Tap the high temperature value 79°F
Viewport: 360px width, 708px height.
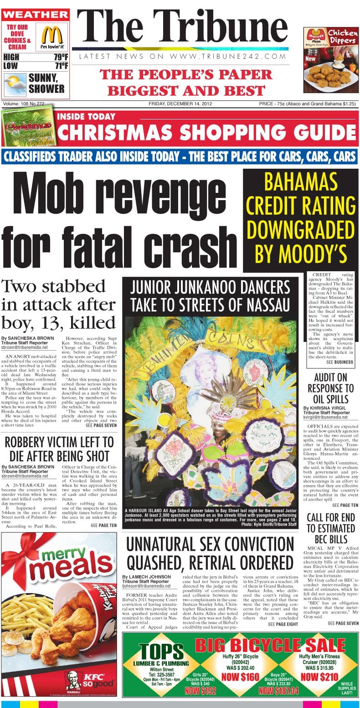(61, 57)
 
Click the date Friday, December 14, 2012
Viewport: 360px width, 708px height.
(180, 104)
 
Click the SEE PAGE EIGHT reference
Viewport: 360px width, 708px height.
(283, 624)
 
